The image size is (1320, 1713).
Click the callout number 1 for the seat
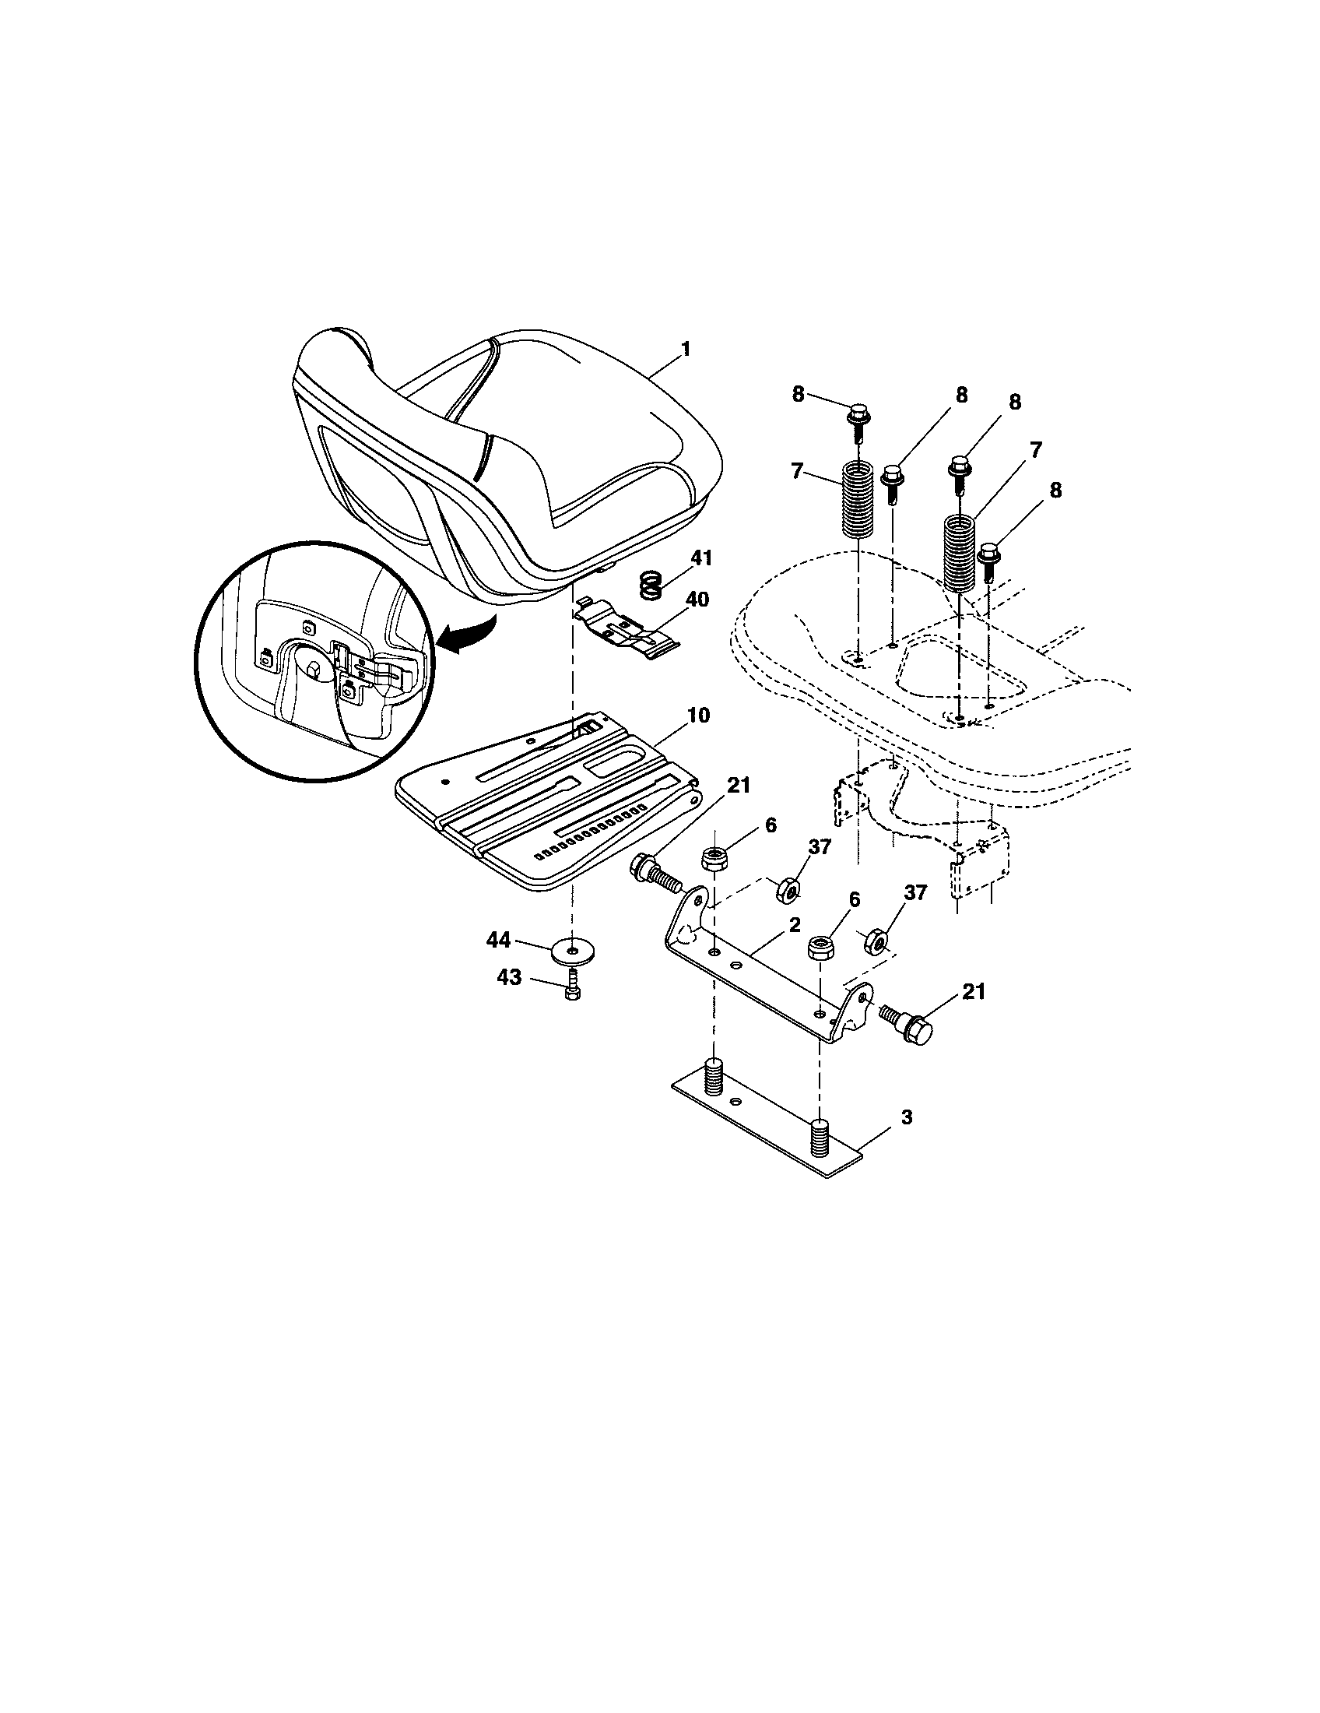point(686,349)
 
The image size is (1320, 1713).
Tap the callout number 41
point(700,558)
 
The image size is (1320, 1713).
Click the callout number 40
point(696,600)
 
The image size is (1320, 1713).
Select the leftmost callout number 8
point(798,394)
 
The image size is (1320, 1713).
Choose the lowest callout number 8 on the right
point(1055,491)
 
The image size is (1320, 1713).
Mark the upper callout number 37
point(818,846)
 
